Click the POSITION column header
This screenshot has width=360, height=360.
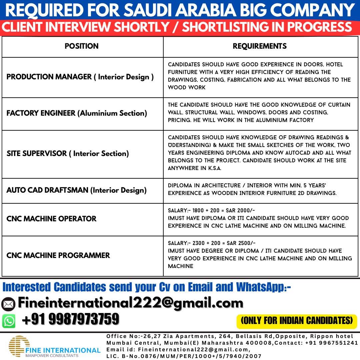82,46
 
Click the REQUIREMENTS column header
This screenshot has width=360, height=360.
260,46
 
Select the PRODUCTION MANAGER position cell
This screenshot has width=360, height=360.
80,77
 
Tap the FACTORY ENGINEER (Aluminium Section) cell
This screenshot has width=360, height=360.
77,113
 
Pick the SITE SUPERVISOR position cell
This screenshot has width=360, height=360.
68,154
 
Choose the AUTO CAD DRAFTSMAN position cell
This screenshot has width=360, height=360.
76,190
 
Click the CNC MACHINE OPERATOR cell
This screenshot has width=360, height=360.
51,219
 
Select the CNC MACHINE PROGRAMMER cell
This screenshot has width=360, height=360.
58,256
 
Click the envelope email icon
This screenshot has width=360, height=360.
8,304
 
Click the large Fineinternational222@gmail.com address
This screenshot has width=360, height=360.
130,303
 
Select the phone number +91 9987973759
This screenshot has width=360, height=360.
70,319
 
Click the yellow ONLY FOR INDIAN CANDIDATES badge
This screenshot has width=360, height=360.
297,321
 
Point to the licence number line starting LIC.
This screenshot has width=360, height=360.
184,356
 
